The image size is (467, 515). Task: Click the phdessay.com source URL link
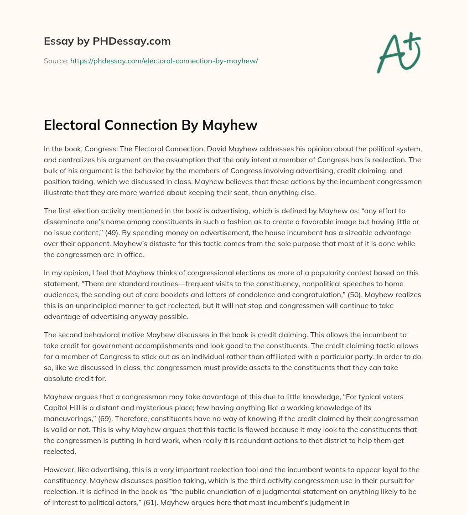click(x=164, y=61)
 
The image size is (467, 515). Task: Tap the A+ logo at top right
click(x=399, y=53)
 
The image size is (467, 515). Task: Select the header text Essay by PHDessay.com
click(x=107, y=41)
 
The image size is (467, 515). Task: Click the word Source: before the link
click(x=56, y=61)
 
